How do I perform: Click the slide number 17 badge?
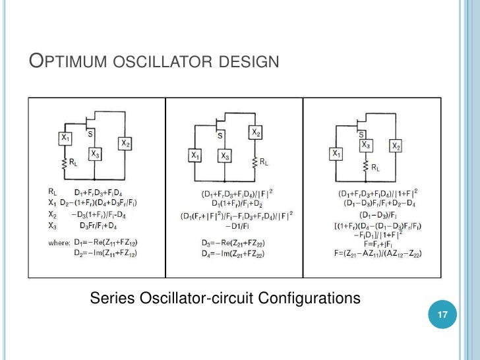tap(442, 315)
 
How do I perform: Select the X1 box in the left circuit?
tap(65, 138)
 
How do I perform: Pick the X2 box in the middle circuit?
tap(257, 133)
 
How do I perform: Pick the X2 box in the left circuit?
tap(125, 143)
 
